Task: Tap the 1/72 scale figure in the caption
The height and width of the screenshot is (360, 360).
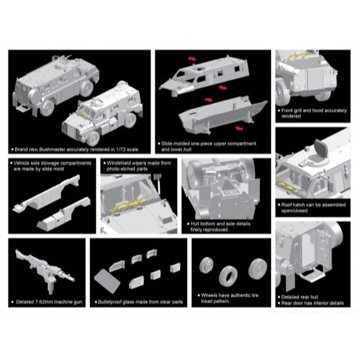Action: [x=121, y=149]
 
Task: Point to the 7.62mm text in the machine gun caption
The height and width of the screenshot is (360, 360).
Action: [x=44, y=302]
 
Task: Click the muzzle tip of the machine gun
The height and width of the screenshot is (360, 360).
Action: [x=74, y=280]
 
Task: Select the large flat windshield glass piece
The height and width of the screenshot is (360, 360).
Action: [x=107, y=281]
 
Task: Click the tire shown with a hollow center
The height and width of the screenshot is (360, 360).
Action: [x=228, y=276]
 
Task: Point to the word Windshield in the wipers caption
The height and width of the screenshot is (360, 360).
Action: [x=118, y=163]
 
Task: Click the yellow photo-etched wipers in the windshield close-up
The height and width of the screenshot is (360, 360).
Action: [x=130, y=204]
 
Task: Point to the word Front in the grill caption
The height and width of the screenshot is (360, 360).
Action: [x=287, y=110]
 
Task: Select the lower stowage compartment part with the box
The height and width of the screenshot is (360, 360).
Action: [x=64, y=214]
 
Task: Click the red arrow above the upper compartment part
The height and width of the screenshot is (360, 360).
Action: [x=193, y=59]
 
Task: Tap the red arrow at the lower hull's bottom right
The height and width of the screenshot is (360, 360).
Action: [x=239, y=128]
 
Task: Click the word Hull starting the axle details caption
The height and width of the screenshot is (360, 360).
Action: [x=194, y=224]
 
